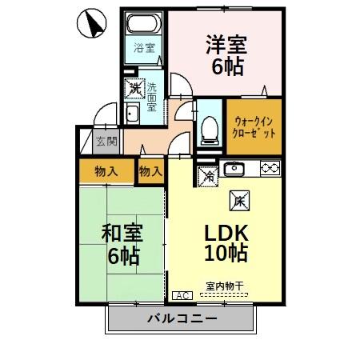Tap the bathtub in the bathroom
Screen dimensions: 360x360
point(145,25)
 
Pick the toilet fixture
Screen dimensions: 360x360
point(210,127)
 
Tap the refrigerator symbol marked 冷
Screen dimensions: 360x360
point(206,175)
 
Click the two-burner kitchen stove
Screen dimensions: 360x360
point(269,169)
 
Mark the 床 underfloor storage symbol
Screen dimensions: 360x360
point(238,202)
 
